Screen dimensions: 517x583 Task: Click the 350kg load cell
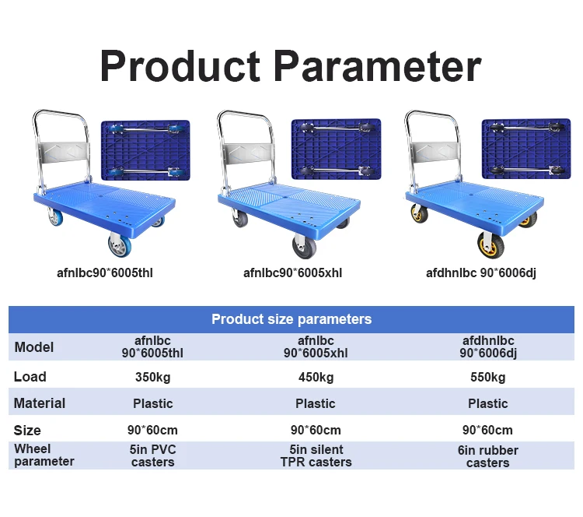tap(153, 378)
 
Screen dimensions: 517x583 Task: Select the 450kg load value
tap(316, 378)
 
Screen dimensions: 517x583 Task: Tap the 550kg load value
tap(487, 378)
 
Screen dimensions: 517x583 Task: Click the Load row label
tap(30, 377)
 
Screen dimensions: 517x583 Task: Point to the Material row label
tap(40, 403)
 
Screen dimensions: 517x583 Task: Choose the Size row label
tap(27, 430)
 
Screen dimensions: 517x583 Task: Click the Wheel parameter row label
tap(44, 455)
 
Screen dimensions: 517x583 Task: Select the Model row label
tap(34, 347)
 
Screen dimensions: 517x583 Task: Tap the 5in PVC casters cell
tap(153, 455)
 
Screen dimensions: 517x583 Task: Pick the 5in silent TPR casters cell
tap(316, 455)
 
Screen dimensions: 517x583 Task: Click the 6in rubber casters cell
tap(487, 456)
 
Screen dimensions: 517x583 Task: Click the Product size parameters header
tap(291, 319)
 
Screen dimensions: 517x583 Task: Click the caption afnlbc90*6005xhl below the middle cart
tap(292, 273)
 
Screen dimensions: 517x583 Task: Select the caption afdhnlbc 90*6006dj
tap(480, 273)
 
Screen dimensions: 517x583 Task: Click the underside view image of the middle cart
tap(336, 149)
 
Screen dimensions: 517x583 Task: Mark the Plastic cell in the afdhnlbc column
tap(487, 403)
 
